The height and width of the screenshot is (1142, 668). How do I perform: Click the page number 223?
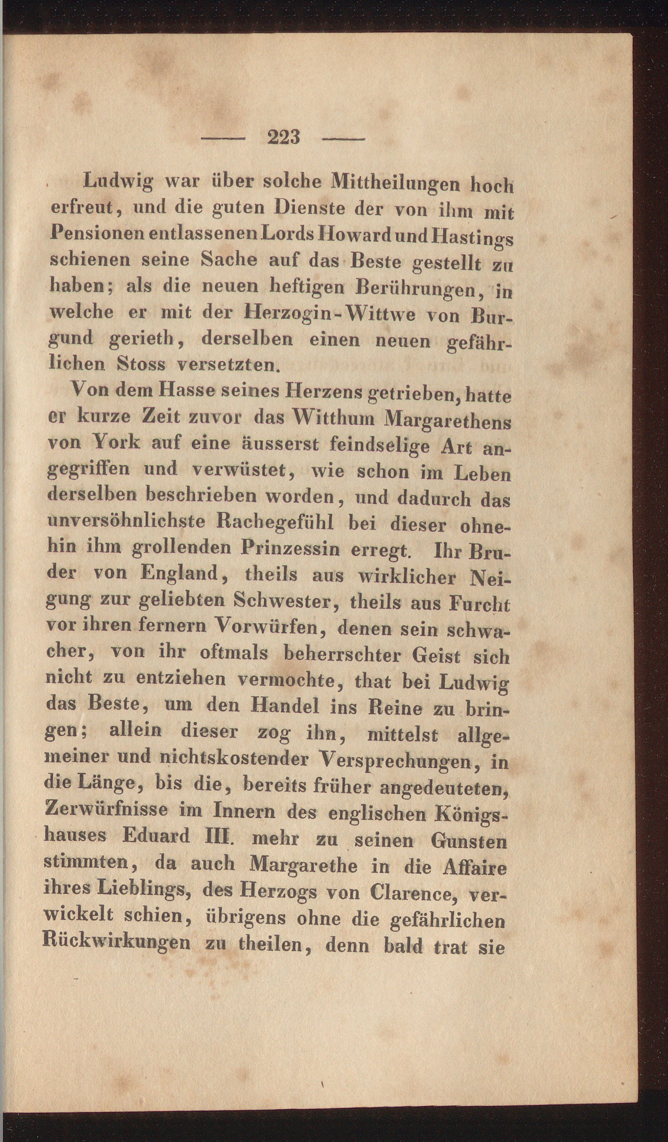tap(283, 137)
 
